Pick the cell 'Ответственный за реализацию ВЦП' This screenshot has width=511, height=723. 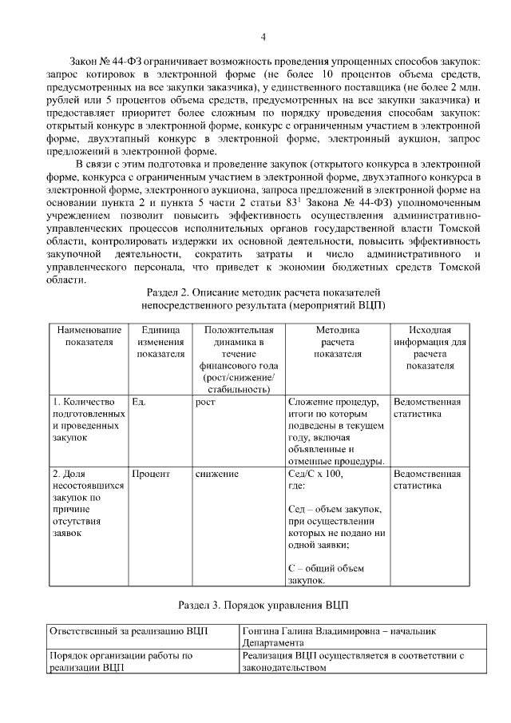[x=129, y=630]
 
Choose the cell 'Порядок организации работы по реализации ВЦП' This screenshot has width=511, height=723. [x=121, y=661]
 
